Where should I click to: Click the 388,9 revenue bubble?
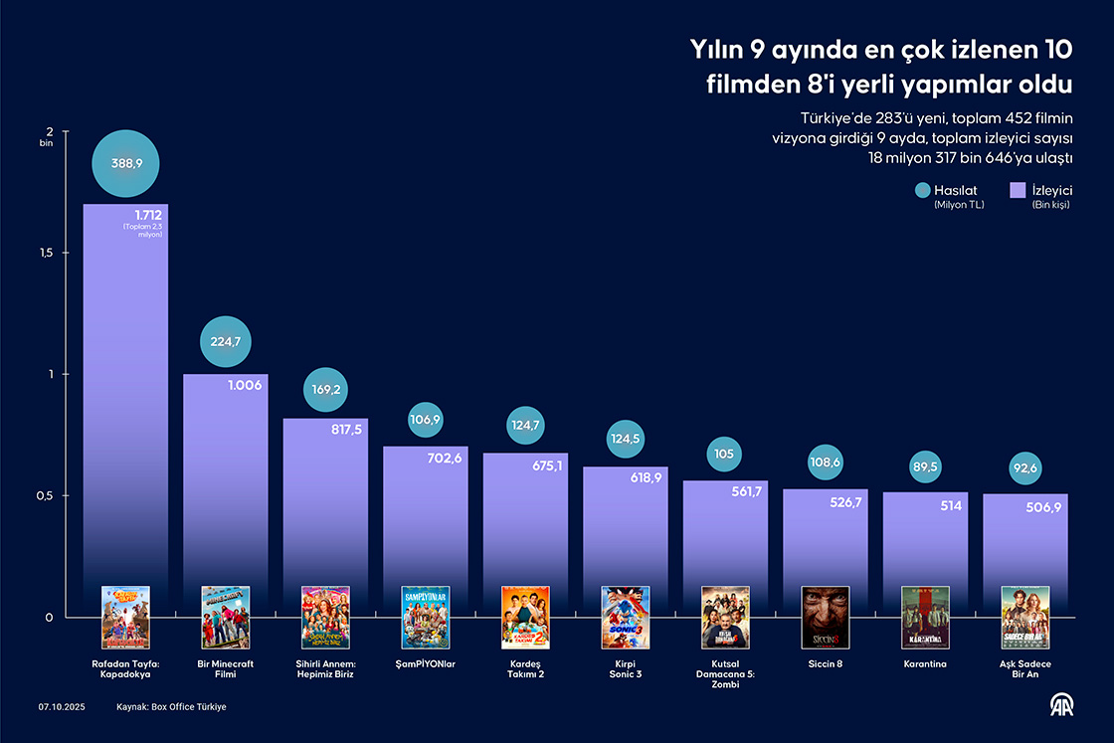127,163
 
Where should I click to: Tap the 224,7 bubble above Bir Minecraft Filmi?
226,342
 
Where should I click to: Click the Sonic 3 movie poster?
626,617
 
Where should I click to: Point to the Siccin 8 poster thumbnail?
826,617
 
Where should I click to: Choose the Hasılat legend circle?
922,191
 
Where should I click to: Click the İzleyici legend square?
1017,191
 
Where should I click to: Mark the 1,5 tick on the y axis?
47,254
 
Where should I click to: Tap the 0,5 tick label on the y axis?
47,496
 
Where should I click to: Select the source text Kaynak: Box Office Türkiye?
171,706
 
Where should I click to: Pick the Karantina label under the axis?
925,663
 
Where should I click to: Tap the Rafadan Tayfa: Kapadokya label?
125,669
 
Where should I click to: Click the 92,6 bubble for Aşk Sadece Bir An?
1026,467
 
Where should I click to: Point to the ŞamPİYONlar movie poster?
426,617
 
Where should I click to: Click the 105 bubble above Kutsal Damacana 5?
725,455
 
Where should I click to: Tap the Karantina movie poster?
925,617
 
